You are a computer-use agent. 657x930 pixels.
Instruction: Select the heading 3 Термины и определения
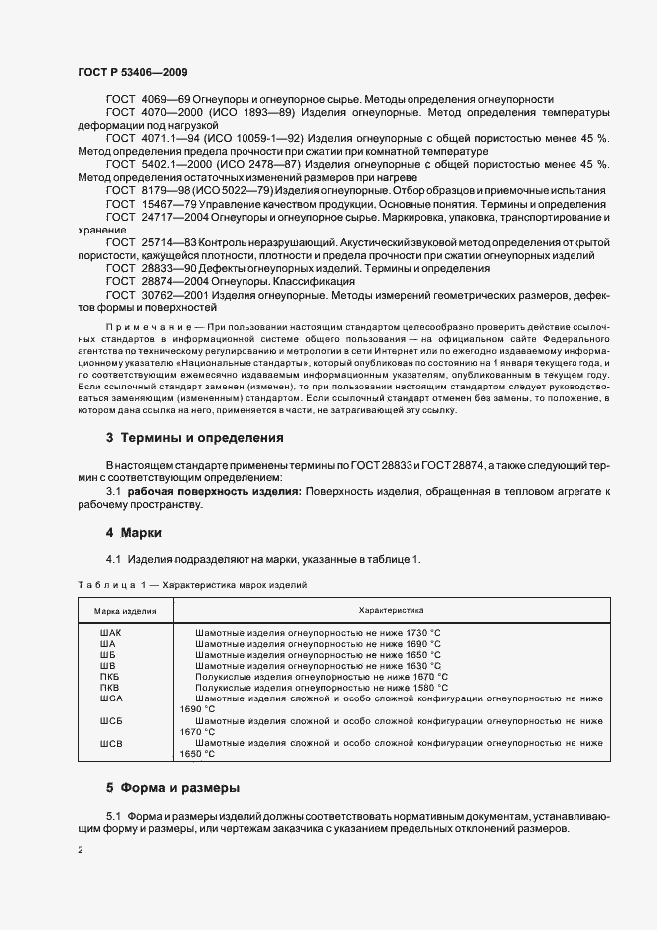[181, 438]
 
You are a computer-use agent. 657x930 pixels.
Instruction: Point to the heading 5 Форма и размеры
[172, 787]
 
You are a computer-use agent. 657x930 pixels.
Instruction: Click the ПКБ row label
[109, 676]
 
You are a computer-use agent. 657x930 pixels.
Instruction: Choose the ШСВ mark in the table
[110, 743]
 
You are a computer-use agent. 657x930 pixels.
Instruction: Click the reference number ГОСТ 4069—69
[145, 100]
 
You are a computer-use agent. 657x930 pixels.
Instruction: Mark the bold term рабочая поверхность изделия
[216, 491]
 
